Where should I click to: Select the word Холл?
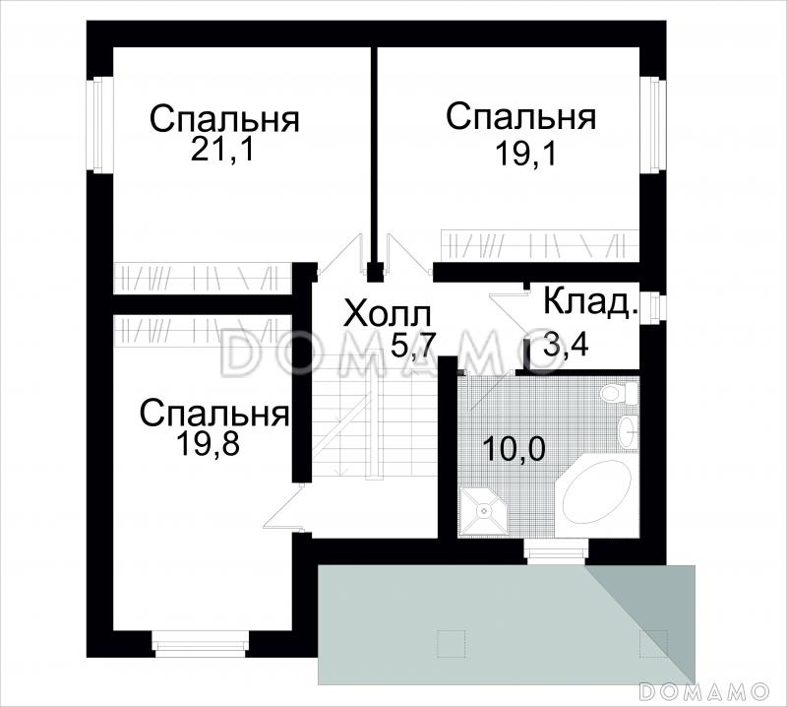pos(388,315)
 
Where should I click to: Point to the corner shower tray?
pos(484,509)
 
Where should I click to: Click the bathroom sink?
pos(628,431)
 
